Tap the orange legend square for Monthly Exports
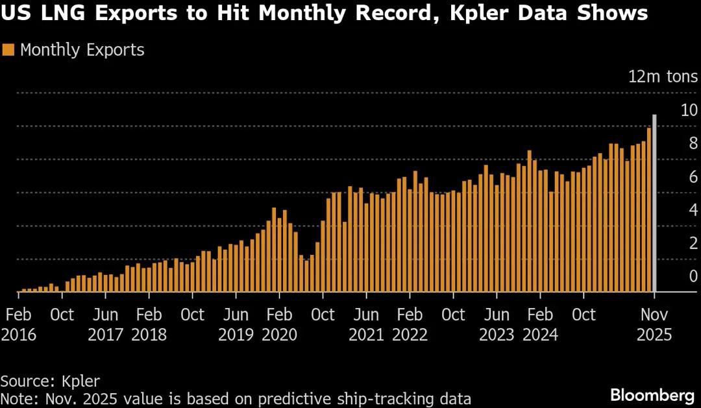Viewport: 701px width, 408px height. click(x=8, y=51)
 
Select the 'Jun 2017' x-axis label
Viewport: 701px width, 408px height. click(x=105, y=325)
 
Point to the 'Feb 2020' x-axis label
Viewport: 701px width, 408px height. click(x=279, y=325)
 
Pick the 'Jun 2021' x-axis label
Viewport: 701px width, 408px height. click(x=366, y=325)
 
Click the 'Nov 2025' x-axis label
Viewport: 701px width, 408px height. click(x=654, y=325)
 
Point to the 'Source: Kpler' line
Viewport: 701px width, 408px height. click(x=50, y=381)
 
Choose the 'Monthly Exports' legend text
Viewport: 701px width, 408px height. click(x=82, y=51)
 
